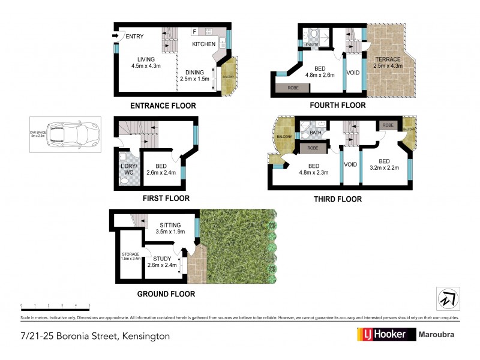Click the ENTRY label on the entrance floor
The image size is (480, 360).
(134, 37)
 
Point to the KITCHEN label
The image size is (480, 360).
(203, 44)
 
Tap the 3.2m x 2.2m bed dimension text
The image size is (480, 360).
(385, 168)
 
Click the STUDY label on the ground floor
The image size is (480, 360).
(162, 259)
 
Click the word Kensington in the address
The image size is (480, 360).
(146, 336)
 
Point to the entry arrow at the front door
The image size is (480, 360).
(115, 36)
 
